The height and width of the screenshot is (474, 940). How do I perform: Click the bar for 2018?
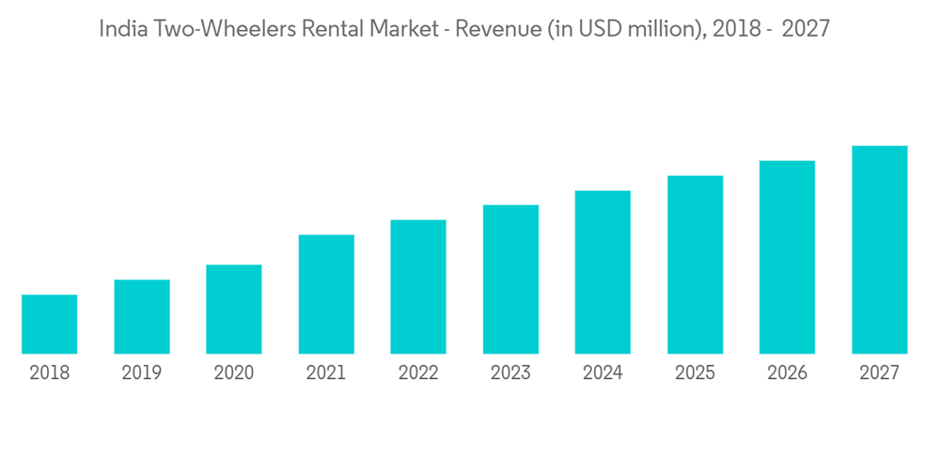(50, 324)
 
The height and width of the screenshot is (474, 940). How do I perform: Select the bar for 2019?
(142, 317)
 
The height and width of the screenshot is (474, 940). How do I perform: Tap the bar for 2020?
(234, 309)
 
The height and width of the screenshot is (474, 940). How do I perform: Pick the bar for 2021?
(326, 294)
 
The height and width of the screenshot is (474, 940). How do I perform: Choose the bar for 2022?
(418, 287)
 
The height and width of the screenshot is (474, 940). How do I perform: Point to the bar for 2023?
(510, 279)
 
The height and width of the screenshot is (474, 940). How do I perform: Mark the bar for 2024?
(603, 273)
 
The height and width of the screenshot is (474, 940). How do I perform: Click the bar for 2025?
(695, 265)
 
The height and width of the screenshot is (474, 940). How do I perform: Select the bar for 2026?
(787, 258)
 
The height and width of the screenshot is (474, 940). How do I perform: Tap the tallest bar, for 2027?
(879, 250)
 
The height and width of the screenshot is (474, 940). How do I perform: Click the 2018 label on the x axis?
(50, 373)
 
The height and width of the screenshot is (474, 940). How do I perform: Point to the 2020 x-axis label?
(234, 373)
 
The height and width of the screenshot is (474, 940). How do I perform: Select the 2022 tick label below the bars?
(418, 373)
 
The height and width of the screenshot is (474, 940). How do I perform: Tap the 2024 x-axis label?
(603, 373)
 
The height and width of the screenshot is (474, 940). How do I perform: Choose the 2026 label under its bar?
(787, 373)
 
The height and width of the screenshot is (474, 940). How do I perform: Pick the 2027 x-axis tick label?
(879, 373)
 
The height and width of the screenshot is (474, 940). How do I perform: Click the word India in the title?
(119, 29)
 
